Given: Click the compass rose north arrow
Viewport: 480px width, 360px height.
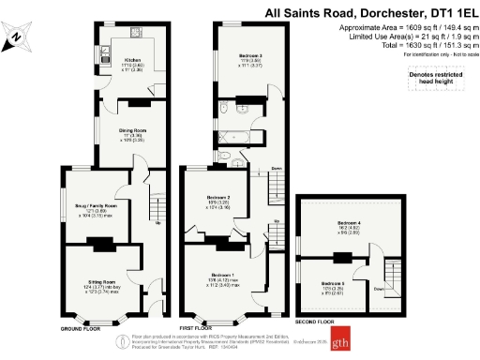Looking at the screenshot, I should pos(18,37).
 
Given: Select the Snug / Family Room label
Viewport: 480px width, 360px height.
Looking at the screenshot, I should pos(97,205).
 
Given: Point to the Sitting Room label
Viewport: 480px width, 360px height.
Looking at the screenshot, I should pos(100,282).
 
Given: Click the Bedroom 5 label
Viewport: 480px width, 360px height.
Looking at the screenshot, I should pos(334,283).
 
